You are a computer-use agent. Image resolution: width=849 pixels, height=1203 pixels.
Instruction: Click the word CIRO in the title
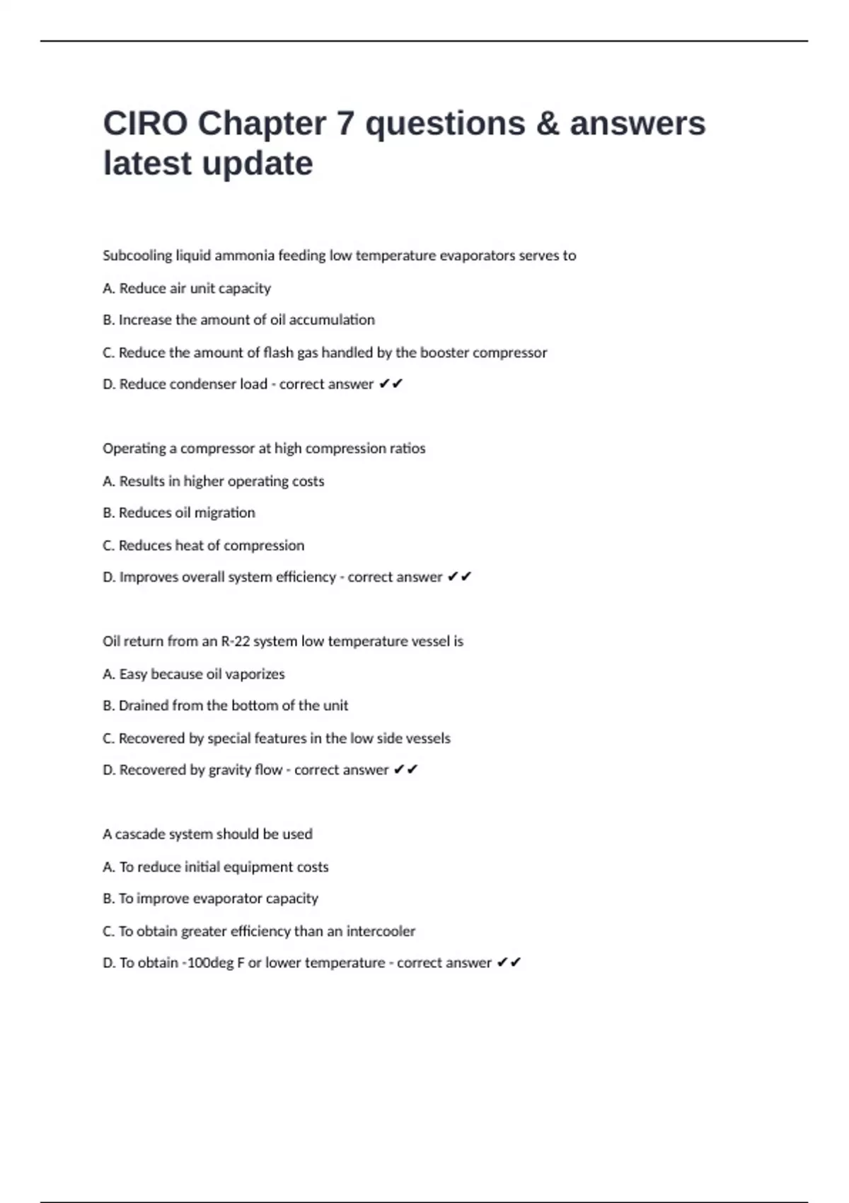[145, 124]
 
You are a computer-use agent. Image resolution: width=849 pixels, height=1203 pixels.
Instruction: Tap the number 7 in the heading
[345, 124]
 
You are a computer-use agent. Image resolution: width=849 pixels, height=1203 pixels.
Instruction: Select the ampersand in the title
[548, 124]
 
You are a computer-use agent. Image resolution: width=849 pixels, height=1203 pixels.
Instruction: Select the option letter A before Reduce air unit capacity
[108, 288]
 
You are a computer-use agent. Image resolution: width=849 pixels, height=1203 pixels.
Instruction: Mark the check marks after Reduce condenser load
[391, 384]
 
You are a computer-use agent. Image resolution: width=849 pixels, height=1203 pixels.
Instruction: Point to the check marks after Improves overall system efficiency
[459, 577]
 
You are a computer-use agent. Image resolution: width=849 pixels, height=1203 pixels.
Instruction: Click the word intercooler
[381, 931]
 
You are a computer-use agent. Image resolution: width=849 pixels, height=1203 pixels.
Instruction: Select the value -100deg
[206, 963]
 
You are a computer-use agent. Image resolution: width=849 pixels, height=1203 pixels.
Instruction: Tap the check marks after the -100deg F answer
[509, 963]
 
